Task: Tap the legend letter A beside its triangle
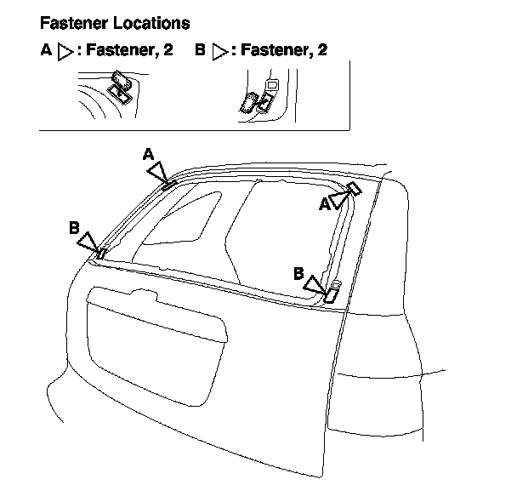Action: [x=47, y=51]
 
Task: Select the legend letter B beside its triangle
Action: [x=200, y=51]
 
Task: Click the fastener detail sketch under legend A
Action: [x=120, y=88]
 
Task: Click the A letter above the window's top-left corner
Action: [x=148, y=154]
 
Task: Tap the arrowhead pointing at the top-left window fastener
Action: [x=158, y=171]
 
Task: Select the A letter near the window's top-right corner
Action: [x=325, y=204]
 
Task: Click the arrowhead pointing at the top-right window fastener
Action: [x=342, y=199]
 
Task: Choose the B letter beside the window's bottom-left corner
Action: [x=75, y=227]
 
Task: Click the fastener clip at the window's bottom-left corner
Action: [x=101, y=253]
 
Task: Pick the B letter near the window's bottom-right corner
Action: [x=298, y=273]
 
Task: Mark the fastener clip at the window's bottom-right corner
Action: [x=332, y=295]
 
